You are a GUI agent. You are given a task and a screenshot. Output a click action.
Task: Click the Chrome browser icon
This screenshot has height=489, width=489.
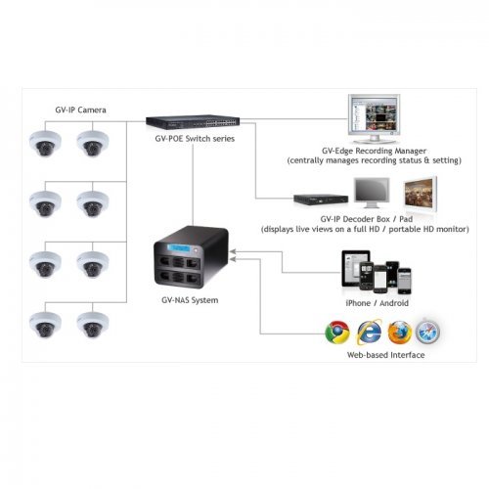click(337, 332)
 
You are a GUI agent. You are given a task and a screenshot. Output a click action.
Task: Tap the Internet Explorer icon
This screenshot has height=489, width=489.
click(369, 332)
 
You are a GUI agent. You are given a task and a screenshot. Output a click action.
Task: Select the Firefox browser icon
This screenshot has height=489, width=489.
click(399, 332)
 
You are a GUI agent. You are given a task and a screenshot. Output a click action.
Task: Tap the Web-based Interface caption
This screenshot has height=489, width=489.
click(384, 355)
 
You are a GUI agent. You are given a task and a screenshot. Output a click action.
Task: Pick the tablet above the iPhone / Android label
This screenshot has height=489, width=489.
click(352, 268)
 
